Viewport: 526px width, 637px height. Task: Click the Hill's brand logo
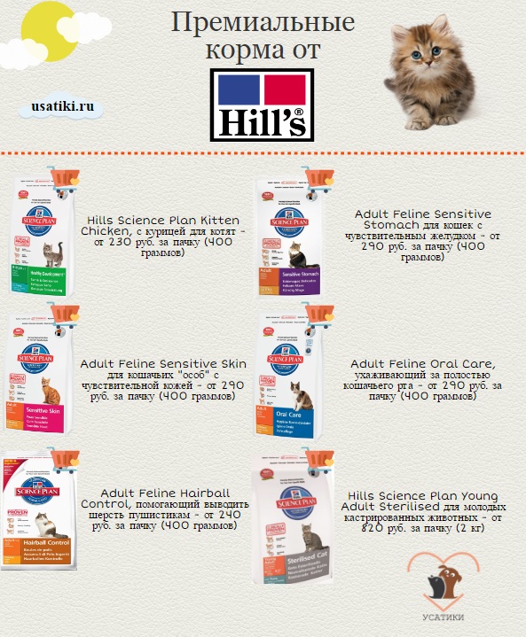point(262,105)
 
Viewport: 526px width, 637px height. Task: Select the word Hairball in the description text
point(202,493)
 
